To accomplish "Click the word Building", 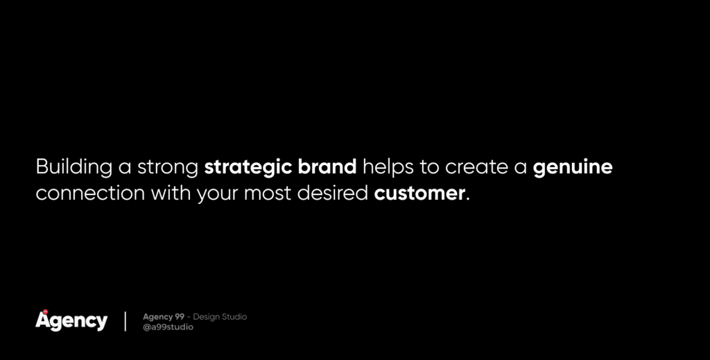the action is pos(73,167).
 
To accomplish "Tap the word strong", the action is pos(168,168).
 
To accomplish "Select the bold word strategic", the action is pos(248,168).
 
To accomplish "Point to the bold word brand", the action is pos(327,166).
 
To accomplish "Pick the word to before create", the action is pos(429,168).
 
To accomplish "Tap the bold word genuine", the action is pos(573,168).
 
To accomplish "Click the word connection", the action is pos(90,194).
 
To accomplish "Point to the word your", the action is pos(217,195).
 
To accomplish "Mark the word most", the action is pos(268,194).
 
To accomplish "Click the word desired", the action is pos(332,193).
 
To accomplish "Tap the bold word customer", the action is pos(419,194).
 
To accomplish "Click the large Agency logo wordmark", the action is pos(71,321).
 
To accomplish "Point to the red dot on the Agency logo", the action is pos(45,311).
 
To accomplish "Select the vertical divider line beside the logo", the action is pos(125,321).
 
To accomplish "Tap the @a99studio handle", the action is pos(168,327).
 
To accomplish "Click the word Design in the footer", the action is pos(206,317).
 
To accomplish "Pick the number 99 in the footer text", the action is pos(180,316).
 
